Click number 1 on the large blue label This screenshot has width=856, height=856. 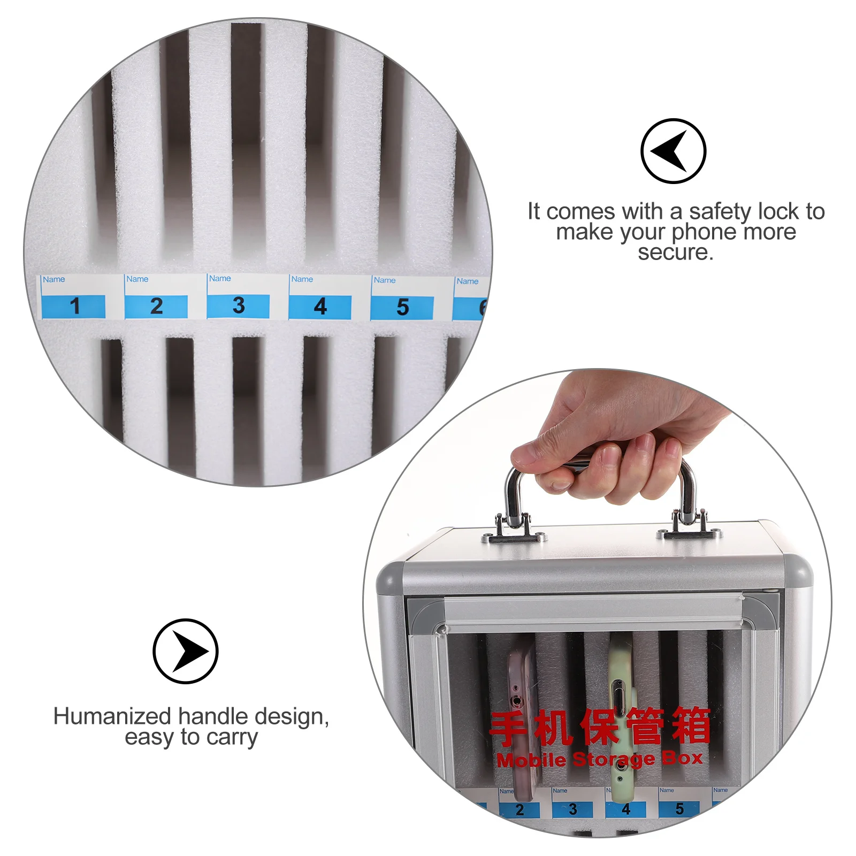coord(74,306)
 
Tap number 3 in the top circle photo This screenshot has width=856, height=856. coord(239,305)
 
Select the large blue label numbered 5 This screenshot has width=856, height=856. coord(402,307)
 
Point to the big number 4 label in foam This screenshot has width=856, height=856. coord(320,307)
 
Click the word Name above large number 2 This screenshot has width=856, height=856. coord(137,279)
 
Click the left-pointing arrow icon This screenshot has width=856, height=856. coord(673,151)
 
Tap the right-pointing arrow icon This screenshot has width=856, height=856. coord(186,651)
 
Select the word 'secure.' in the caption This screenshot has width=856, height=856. coord(675,252)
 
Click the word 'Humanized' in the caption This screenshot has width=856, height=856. coord(112,716)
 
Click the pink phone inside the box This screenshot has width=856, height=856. coord(521,717)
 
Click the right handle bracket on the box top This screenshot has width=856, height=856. coord(689,526)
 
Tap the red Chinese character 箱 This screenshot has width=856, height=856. coord(691,725)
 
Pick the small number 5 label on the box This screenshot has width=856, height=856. coord(679,808)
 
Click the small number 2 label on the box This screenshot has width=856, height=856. coord(519,809)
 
